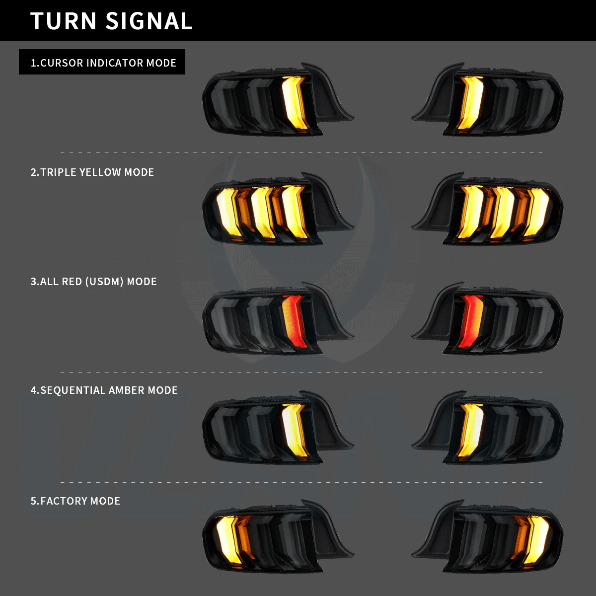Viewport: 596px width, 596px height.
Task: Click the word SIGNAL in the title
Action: tap(149, 21)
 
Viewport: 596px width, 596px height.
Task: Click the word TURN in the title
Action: tap(63, 21)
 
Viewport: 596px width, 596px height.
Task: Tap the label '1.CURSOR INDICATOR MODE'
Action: tap(103, 63)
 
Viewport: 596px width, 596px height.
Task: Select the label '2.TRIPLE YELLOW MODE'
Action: tap(92, 172)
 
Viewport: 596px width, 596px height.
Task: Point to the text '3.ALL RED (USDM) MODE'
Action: tap(93, 282)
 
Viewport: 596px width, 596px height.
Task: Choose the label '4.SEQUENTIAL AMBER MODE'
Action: tap(104, 390)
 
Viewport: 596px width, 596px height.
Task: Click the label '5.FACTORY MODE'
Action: tap(75, 501)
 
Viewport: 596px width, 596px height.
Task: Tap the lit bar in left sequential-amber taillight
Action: tap(294, 430)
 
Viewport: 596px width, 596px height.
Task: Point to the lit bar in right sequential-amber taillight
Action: tap(470, 430)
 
